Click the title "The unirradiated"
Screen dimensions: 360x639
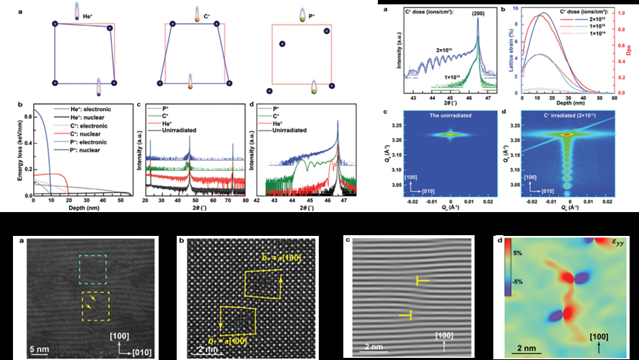tap(451, 116)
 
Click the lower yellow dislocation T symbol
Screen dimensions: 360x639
tap(407, 315)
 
